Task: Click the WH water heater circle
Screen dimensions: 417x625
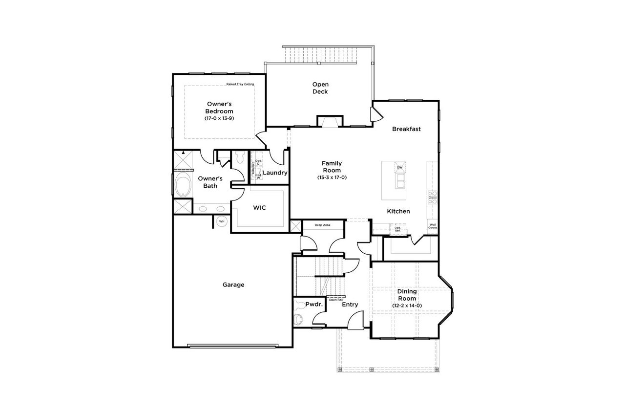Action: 221,221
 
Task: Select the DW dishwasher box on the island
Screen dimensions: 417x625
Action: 399,168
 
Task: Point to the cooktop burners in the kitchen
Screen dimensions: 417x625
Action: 432,197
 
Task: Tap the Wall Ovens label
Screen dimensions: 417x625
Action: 433,226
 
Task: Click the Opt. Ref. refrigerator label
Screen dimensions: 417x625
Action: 397,228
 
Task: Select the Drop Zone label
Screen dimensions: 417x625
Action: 322,225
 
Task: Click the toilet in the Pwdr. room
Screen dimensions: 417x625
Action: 298,319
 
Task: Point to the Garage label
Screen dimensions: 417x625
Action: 233,285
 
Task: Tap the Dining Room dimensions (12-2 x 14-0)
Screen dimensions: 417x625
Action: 407,306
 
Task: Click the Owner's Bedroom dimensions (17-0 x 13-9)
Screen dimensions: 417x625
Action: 219,118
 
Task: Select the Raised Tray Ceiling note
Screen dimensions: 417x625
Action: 240,84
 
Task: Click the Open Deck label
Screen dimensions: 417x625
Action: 320,88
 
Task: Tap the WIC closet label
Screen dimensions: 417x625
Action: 259,208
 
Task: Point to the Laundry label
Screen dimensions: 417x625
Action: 275,173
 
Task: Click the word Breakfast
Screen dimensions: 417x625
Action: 406,129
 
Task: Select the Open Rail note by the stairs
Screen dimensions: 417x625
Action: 335,300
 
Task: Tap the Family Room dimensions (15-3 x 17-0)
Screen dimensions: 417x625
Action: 332,177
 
